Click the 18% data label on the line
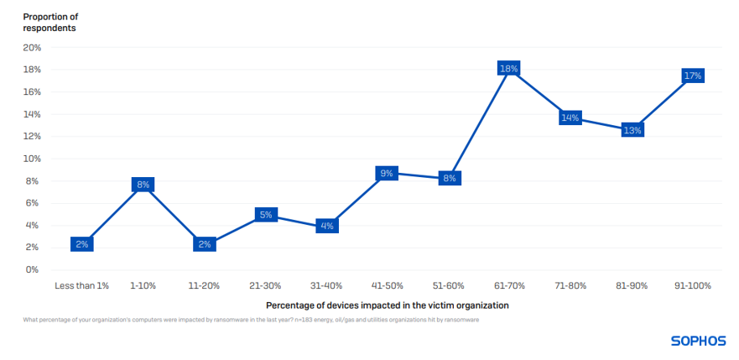pyautogui.click(x=509, y=69)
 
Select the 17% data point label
pyautogui.click(x=693, y=76)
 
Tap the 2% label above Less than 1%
pyautogui.click(x=82, y=244)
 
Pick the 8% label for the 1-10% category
pyautogui.click(x=143, y=185)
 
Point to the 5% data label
pyautogui.click(x=266, y=215)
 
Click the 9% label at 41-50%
pyautogui.click(x=387, y=174)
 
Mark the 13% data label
pyautogui.click(x=632, y=130)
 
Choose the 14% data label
pyautogui.click(x=570, y=117)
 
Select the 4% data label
pyautogui.click(x=327, y=226)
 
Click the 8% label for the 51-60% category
pyautogui.click(x=449, y=178)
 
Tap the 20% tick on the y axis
pyautogui.click(x=31, y=48)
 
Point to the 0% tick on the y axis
pyautogui.click(x=33, y=270)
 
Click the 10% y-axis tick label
pyautogui.click(x=31, y=159)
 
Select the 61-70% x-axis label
pyautogui.click(x=509, y=286)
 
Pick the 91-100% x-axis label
pyautogui.click(x=692, y=286)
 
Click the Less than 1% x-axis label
pyautogui.click(x=82, y=286)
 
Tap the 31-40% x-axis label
pyautogui.click(x=326, y=286)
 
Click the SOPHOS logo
pyautogui.click(x=697, y=341)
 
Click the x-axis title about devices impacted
pyautogui.click(x=387, y=305)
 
